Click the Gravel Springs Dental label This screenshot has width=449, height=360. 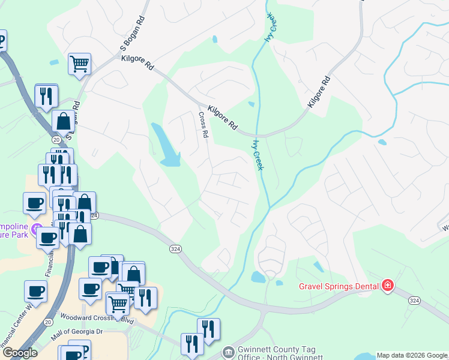point(339,286)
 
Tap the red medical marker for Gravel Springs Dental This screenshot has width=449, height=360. point(388,285)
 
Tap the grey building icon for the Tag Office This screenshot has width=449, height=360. point(228,352)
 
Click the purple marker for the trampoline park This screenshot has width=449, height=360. point(37,229)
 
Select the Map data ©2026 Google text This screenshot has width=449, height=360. point(411,355)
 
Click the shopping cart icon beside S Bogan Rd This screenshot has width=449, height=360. point(80,64)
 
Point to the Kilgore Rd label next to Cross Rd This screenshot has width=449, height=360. point(222,118)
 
